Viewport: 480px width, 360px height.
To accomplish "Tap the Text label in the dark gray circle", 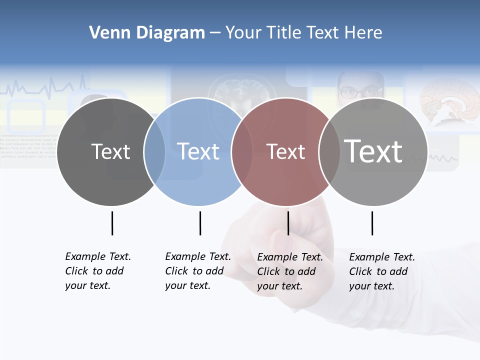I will (x=110, y=151).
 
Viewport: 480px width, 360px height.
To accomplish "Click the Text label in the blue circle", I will (x=198, y=151).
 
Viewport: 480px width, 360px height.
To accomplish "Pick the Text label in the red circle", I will (x=285, y=151).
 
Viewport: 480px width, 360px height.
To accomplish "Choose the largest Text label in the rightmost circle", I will (x=373, y=151).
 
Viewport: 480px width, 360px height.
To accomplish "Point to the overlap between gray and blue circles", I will (x=154, y=151).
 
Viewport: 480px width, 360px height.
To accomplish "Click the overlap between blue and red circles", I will (x=242, y=151).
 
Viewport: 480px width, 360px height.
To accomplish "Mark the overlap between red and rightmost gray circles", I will (x=329, y=151).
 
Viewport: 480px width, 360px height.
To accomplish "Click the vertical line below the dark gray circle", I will (x=112, y=223).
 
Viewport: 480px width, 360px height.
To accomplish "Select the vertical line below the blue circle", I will (x=200, y=223).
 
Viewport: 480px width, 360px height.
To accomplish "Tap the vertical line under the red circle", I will (x=288, y=223).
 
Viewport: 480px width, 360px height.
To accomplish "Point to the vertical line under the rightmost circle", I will (x=372, y=223).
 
